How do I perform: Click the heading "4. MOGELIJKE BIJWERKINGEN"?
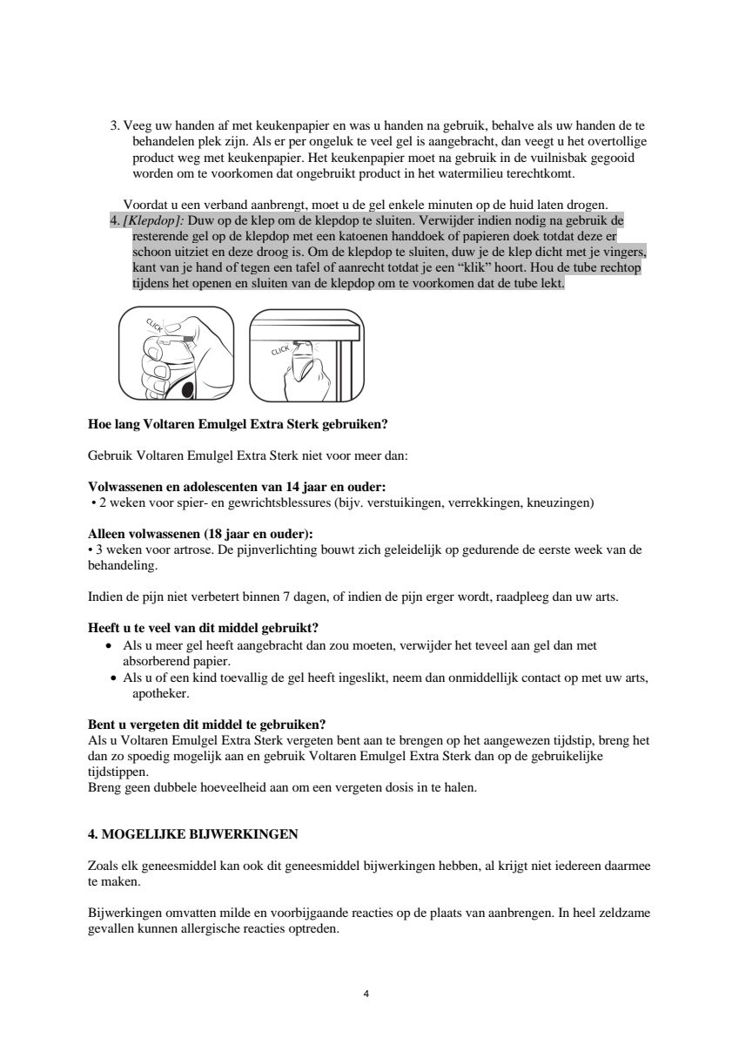click(193, 834)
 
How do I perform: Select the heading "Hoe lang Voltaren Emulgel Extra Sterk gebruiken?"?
click(238, 425)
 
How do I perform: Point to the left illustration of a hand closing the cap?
click(176, 354)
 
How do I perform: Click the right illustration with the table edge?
click(306, 354)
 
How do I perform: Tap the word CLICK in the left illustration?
click(154, 326)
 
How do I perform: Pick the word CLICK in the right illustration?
click(279, 349)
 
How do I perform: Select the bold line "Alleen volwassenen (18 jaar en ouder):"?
click(201, 534)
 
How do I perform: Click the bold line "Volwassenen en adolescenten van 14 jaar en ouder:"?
click(238, 487)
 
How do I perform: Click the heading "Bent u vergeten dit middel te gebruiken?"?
click(207, 725)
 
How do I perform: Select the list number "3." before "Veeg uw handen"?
click(115, 125)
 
